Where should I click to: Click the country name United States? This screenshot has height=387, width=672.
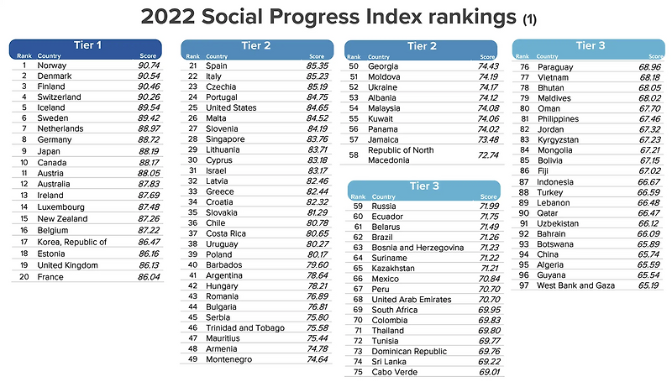232,107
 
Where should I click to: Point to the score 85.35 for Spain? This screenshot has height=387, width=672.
316,65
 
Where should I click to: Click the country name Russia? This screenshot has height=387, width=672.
384,206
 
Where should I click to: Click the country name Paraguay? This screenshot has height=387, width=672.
554,65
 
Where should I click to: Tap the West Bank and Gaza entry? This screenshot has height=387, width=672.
575,285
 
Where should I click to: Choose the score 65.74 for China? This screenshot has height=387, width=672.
643,254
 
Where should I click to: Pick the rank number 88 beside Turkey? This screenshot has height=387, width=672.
525,191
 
